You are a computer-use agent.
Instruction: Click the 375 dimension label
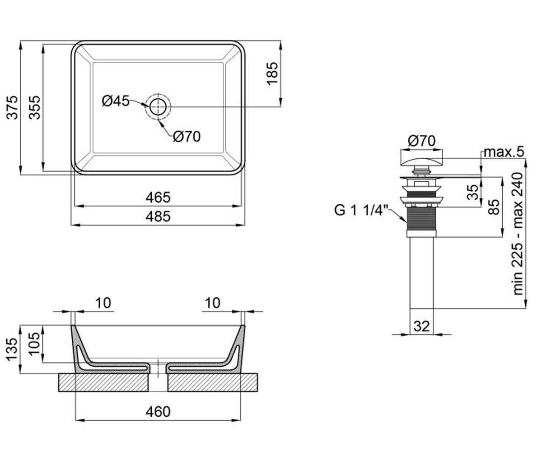12,108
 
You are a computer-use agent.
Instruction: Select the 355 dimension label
34,108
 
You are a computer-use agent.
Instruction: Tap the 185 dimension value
272,74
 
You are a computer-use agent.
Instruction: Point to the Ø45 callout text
116,101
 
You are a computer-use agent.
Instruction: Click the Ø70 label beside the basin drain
187,136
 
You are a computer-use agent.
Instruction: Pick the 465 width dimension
158,198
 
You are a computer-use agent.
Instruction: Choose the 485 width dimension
158,216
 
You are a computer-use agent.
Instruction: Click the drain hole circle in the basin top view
158,107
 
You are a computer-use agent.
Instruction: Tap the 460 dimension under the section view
158,412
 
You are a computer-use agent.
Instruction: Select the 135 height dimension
12,349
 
